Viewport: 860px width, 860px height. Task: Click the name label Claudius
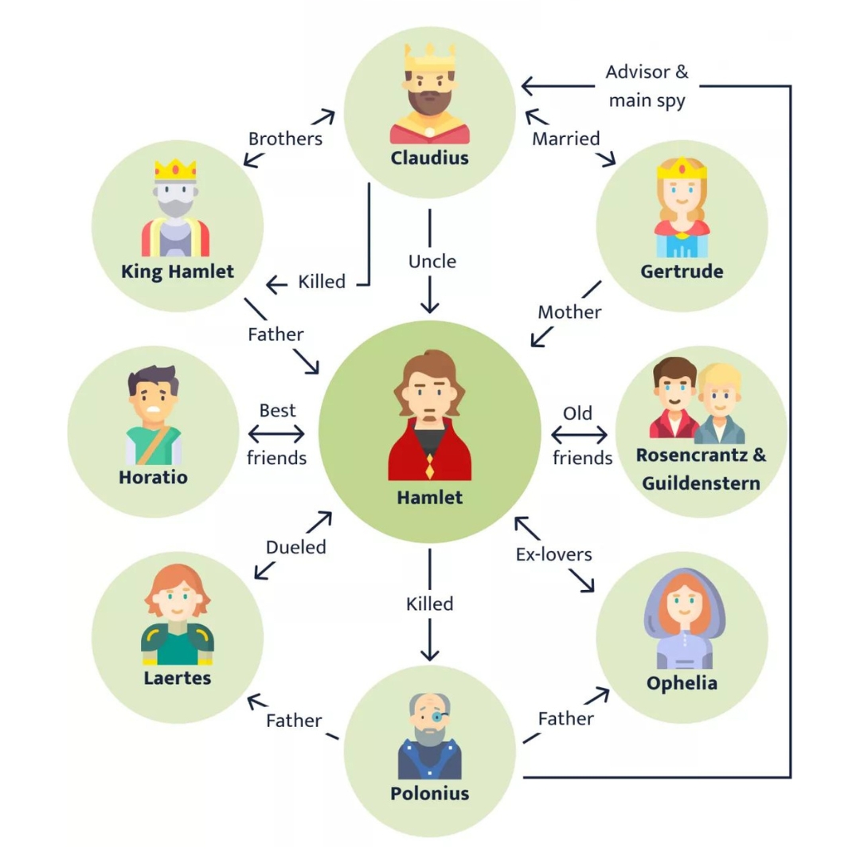click(429, 158)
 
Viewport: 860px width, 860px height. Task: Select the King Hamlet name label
click(178, 272)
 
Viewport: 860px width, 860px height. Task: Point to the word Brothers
click(285, 139)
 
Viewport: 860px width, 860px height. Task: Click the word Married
click(566, 139)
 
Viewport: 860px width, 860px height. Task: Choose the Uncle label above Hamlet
click(432, 261)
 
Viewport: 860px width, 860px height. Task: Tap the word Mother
click(569, 311)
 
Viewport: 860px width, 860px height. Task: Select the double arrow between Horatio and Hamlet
click(276, 435)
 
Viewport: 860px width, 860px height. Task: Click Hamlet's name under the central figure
click(429, 498)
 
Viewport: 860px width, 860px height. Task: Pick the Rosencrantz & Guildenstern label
click(701, 469)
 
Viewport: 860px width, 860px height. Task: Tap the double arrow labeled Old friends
click(579, 436)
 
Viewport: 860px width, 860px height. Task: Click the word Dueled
click(295, 547)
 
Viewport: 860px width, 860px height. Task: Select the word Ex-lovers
click(553, 553)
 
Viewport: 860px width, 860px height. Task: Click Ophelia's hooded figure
click(681, 619)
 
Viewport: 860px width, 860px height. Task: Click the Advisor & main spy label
click(647, 86)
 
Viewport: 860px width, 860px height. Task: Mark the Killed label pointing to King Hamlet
click(322, 281)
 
